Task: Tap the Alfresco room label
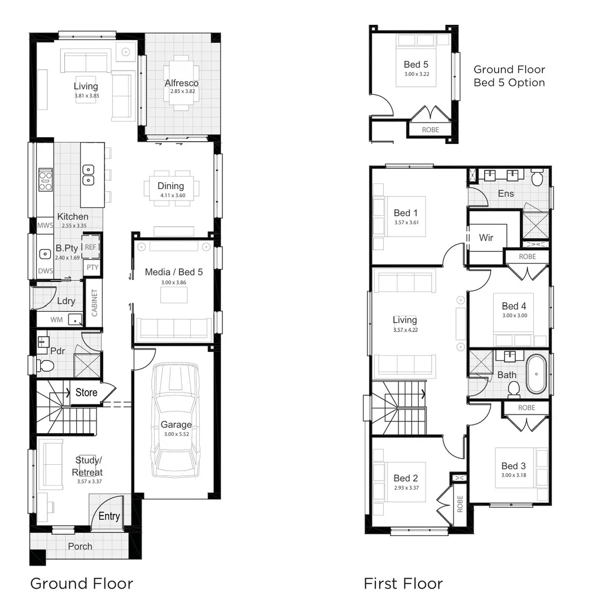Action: pos(181,83)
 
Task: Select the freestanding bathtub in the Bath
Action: pos(536,374)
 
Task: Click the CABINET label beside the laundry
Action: pos(94,303)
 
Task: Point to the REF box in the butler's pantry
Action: pos(90,247)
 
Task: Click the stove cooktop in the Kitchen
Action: pos(45,180)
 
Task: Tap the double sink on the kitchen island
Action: pos(88,175)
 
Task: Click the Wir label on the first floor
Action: pos(485,237)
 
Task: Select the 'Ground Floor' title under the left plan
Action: pos(81,583)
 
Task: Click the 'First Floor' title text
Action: pos(403,583)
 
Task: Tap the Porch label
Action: pos(80,546)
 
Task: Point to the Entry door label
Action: pos(109,516)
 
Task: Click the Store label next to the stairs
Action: pos(86,392)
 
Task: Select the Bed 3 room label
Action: pos(513,466)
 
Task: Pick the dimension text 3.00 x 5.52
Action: pos(176,434)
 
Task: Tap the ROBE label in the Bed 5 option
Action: pos(430,130)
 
